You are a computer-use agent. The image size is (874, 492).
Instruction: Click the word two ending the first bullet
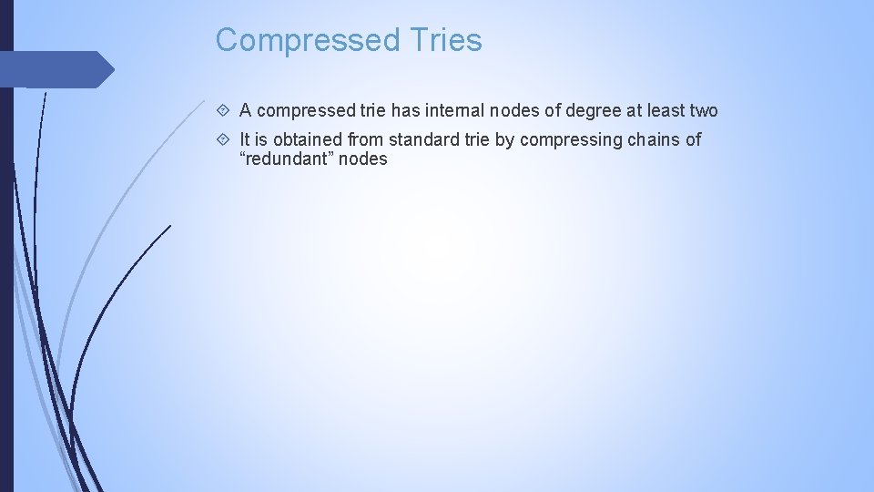702,111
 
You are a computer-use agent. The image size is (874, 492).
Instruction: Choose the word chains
655,139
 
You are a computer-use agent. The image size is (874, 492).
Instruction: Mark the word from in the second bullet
368,139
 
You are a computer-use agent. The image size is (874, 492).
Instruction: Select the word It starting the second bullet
245,139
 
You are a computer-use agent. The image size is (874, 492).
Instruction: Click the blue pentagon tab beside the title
55,69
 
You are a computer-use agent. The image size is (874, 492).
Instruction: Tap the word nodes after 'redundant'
363,159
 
